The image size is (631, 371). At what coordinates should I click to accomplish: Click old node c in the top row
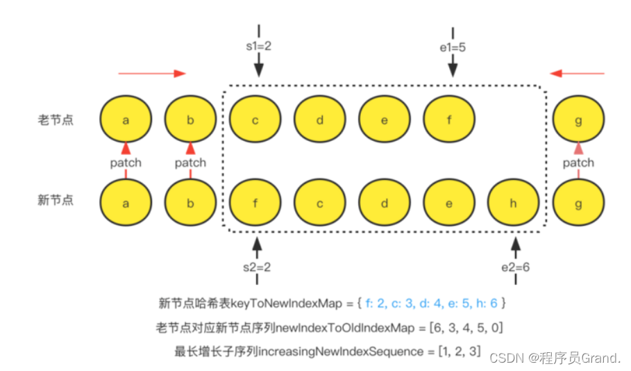[x=255, y=120]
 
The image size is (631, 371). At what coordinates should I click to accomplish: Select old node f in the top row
[x=449, y=120]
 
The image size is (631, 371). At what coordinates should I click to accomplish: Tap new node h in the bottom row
[x=514, y=204]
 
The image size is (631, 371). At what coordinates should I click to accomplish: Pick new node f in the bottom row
[x=255, y=204]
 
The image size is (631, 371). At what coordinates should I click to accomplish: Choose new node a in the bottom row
[x=126, y=204]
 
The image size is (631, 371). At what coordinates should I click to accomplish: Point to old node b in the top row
[x=190, y=120]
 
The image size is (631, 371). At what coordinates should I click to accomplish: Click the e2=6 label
[x=516, y=266]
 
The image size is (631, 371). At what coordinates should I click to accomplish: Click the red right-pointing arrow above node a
[x=152, y=73]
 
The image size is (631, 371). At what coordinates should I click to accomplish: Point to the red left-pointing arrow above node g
[x=577, y=73]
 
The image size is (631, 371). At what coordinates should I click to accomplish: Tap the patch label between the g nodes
[x=578, y=163]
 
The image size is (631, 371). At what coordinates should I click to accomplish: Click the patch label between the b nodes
[x=190, y=163]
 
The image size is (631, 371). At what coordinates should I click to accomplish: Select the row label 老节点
[x=55, y=120]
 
